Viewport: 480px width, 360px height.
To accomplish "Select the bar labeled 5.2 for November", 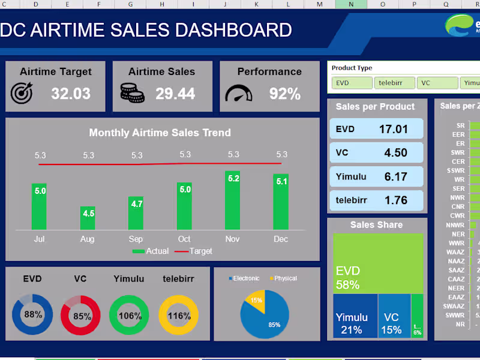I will pos(233,200).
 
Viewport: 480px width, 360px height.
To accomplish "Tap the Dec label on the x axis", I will pos(281,239).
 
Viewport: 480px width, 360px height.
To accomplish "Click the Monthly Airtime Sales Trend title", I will pos(160,133).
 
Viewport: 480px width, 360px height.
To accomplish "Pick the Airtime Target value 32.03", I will pos(71,94).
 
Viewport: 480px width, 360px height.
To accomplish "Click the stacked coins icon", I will pos(132,92).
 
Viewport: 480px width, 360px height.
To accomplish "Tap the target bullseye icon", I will pos(23,92).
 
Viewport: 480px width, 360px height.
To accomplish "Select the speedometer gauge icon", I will pos(239,93).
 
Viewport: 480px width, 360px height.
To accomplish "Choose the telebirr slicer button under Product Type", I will pos(393,83).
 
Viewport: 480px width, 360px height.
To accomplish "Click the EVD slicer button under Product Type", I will pos(351,83).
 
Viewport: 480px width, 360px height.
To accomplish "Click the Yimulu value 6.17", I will pos(395,176).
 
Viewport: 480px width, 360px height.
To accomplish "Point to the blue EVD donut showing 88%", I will pos(32,315).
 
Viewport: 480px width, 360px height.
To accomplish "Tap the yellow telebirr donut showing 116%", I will pos(179,315).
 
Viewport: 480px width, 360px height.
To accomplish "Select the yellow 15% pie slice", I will pos(255,300).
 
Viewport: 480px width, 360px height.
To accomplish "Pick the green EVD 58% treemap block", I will pos(377,263).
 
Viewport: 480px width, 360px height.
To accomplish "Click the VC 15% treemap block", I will pos(394,316).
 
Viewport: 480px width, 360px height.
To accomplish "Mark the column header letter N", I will pos(351,4).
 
